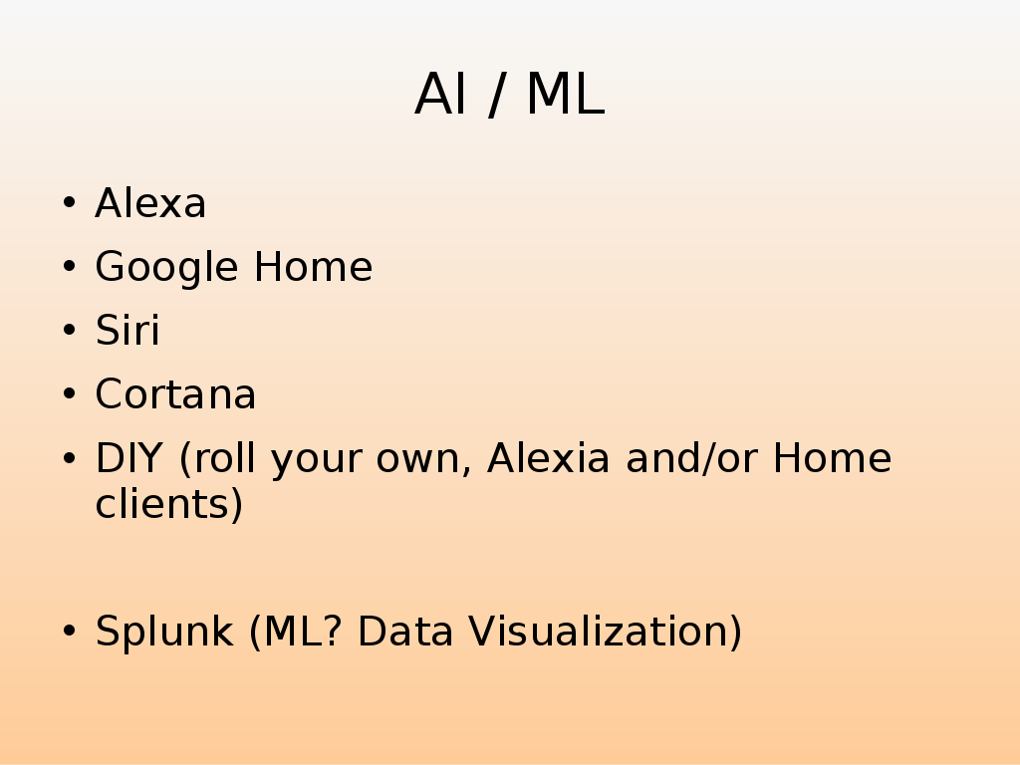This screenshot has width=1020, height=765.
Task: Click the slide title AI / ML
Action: [x=509, y=96]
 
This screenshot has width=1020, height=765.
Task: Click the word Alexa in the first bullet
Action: [x=150, y=204]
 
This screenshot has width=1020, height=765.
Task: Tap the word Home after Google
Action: [x=313, y=267]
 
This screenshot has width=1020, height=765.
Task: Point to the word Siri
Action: [x=127, y=331]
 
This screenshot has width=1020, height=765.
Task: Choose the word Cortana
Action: [x=175, y=394]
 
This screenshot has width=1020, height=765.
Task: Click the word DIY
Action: [x=130, y=458]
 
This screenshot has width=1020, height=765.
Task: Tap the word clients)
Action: [x=168, y=504]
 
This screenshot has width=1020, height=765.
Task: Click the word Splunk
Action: [x=165, y=633]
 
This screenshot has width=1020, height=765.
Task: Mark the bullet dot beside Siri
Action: [x=69, y=332]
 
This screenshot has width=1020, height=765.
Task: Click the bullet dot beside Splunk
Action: [x=69, y=633]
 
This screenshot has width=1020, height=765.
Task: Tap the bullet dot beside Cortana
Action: [x=69, y=395]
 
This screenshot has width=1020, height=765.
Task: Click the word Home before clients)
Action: [x=832, y=458]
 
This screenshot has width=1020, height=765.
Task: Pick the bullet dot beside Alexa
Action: [x=69, y=204]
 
